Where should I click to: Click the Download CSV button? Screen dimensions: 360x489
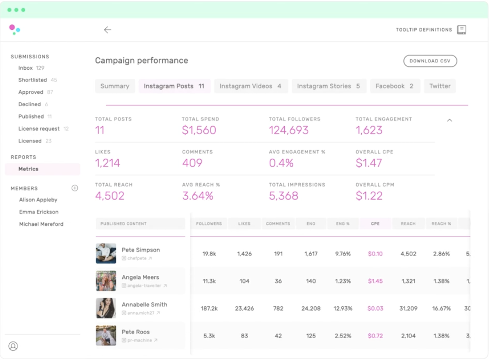tap(430, 61)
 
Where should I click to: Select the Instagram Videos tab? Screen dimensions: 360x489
tap(250, 86)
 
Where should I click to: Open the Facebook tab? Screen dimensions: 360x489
tap(394, 86)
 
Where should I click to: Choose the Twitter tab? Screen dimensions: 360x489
tap(440, 86)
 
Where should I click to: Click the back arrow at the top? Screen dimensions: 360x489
tap(108, 30)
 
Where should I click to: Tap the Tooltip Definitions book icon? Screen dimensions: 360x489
tap(462, 30)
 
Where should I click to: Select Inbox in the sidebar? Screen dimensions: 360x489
tap(26, 68)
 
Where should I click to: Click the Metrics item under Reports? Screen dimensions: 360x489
tap(28, 169)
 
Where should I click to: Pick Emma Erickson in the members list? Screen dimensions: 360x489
tap(38, 212)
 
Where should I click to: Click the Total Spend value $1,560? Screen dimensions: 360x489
tap(199, 130)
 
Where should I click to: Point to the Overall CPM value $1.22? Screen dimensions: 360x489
tap(369, 196)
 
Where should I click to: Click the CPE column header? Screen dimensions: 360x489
tap(375, 224)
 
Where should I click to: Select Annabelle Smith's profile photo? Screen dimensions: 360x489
tap(106, 308)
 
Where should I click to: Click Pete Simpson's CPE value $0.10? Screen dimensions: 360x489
tap(375, 254)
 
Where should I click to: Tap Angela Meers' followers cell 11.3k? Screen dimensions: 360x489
tap(209, 281)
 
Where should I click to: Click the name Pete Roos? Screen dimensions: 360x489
tap(136, 332)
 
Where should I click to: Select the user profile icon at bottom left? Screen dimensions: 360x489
tap(13, 346)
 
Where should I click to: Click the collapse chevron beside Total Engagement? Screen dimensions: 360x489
tap(450, 120)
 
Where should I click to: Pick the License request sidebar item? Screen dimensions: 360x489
tap(38, 129)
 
